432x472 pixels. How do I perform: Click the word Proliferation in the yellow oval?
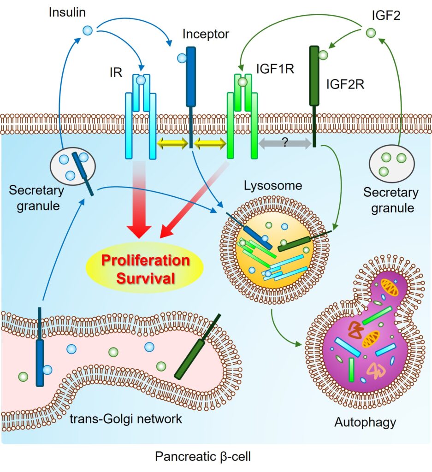145,260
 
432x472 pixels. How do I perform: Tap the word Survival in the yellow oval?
145,278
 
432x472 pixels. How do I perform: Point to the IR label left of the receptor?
116,73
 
